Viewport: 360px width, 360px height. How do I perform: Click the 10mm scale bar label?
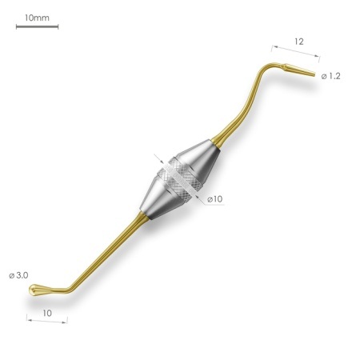coord(37,18)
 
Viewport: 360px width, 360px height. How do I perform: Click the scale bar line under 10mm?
coord(37,26)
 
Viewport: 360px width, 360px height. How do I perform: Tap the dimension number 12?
coord(299,42)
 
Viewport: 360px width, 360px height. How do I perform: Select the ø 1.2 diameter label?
coord(331,76)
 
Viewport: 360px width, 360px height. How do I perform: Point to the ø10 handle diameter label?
coord(215,199)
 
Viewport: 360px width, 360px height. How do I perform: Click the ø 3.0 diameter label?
coord(18,275)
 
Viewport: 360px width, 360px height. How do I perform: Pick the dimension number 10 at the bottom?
coord(47,313)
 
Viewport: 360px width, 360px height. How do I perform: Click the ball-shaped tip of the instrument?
coord(34,290)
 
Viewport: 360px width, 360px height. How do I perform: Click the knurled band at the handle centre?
coord(179,178)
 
